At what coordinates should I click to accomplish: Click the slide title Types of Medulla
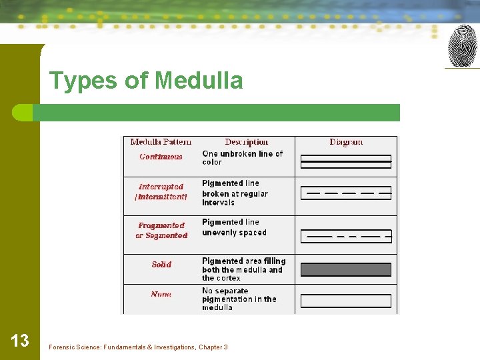click(146, 81)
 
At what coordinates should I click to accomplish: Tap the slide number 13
click(20, 341)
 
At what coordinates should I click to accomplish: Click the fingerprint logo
click(462, 45)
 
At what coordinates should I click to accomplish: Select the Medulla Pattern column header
click(161, 142)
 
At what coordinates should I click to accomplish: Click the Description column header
click(246, 142)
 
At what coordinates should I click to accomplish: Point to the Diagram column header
click(346, 142)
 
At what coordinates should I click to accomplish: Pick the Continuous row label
click(161, 157)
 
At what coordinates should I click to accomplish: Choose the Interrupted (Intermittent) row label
click(161, 192)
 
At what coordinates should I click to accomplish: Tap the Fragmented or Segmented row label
click(161, 231)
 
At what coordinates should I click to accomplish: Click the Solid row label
click(161, 265)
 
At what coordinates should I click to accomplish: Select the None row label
click(161, 295)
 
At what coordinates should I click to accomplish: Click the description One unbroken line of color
click(243, 158)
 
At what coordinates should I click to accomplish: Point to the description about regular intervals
click(235, 193)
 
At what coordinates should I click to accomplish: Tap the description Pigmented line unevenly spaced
click(234, 227)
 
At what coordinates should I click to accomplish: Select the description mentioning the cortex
click(243, 269)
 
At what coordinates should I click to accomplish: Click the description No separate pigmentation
click(239, 299)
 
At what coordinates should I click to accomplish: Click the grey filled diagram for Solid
click(345, 269)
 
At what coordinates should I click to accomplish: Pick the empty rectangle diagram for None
click(345, 301)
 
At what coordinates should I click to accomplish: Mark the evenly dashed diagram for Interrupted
click(345, 193)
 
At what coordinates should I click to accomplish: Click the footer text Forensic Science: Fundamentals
click(138, 347)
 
